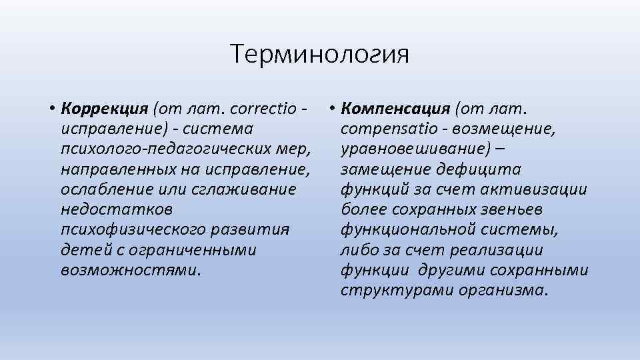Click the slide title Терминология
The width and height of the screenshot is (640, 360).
click(x=319, y=54)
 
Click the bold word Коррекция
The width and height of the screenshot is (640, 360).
click(x=104, y=108)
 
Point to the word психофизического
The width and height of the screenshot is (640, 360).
click(x=133, y=230)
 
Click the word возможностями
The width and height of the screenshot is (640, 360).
click(x=129, y=271)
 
